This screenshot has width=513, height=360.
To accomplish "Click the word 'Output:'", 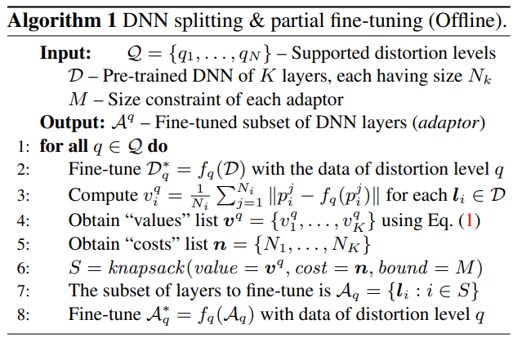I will pos(70,123).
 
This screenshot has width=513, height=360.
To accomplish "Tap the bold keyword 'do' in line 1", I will pos(157,147).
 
